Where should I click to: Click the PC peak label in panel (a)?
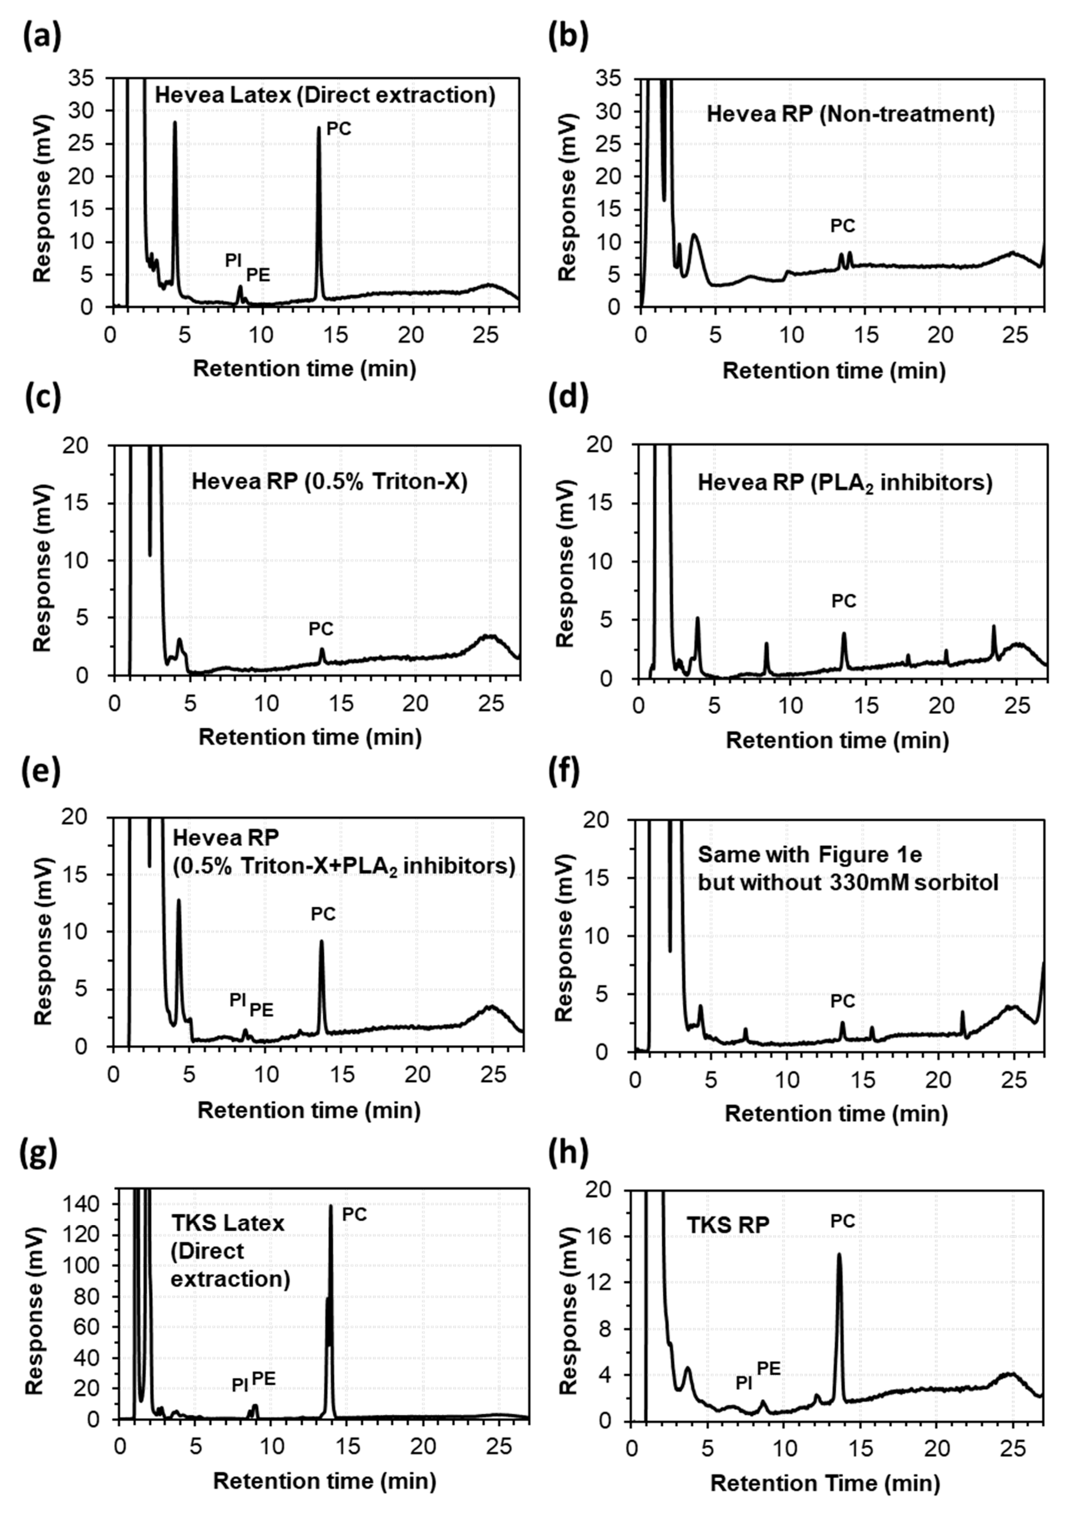[339, 129]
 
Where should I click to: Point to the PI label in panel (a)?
[233, 260]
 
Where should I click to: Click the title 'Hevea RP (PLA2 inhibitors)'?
[845, 483]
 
